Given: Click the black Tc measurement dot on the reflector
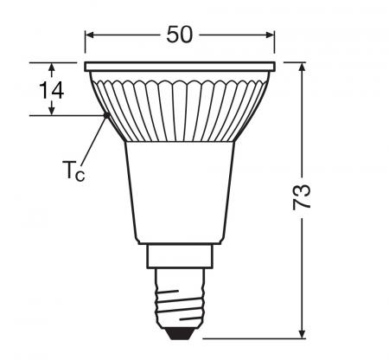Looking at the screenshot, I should pyautogui.click(x=106, y=115).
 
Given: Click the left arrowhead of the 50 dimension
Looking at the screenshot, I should pyautogui.click(x=90, y=35).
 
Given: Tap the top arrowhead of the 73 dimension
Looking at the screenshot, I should pyautogui.click(x=303, y=67).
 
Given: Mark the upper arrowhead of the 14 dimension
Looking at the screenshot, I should pyautogui.click(x=51, y=67).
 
